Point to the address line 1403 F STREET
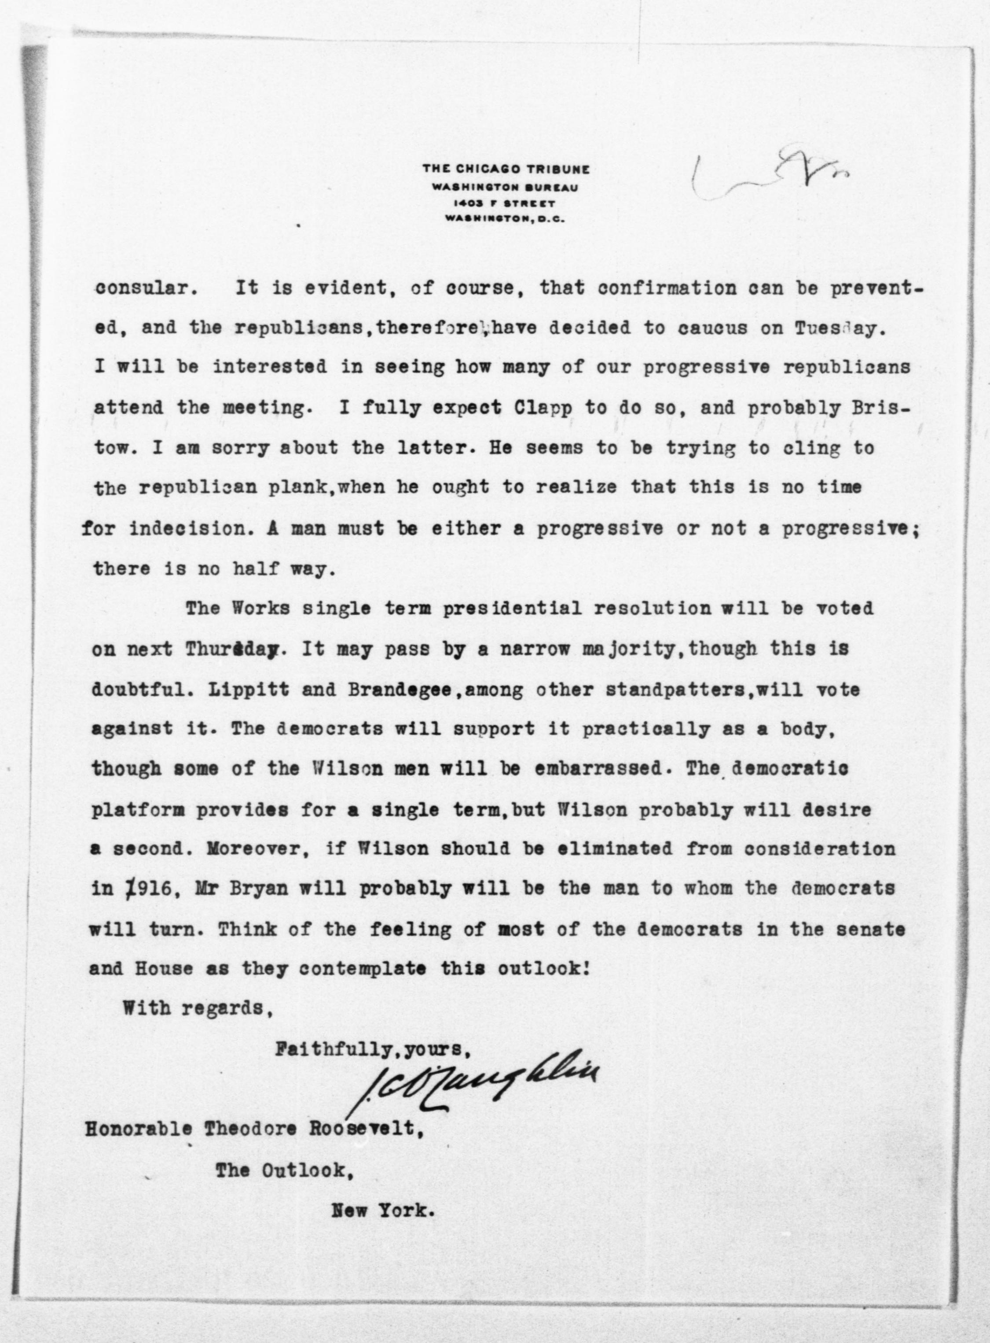(x=505, y=203)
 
